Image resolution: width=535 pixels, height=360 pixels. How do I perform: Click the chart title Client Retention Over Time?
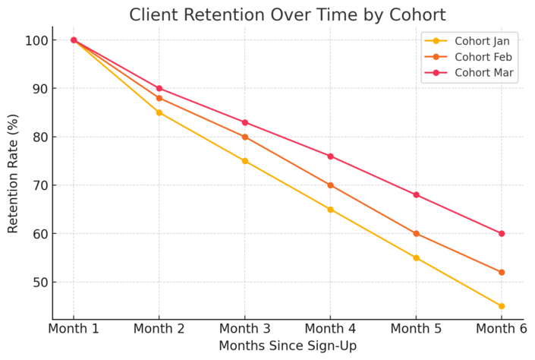coord(287,14)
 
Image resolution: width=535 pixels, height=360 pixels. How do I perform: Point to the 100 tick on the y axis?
coord(37,40)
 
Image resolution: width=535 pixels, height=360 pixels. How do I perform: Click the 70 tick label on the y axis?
coord(40,185)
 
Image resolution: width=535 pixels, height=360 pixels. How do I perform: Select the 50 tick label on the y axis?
coord(40,283)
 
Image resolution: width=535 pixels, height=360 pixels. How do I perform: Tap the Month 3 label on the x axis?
coord(244,330)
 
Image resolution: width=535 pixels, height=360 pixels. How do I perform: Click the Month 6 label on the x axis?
coord(502,330)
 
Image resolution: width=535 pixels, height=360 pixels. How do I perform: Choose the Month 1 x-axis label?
coord(74,330)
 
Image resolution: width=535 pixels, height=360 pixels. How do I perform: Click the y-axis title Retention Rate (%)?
coord(13,173)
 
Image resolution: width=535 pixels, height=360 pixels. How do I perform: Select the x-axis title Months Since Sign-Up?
coord(288,346)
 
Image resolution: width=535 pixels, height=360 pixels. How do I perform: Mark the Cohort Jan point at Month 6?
coord(502,306)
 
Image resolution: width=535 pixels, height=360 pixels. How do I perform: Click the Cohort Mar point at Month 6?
coord(502,234)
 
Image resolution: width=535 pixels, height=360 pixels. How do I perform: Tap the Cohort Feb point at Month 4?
coord(330,185)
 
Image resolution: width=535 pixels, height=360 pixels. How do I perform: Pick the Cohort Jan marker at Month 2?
coord(159,112)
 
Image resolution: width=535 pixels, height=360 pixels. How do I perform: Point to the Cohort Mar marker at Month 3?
coord(245,122)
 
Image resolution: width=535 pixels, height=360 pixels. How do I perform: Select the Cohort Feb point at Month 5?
coord(416,234)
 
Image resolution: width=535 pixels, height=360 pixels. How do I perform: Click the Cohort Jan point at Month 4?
coord(330,210)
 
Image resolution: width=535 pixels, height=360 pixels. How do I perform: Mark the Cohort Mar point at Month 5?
coord(416,195)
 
